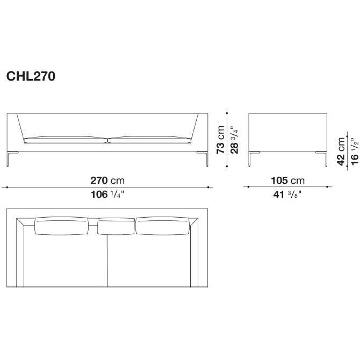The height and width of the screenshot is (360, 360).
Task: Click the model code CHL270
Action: click(31, 76)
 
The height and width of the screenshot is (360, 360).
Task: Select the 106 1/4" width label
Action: click(107, 195)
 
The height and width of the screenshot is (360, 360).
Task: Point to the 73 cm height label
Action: click(220, 139)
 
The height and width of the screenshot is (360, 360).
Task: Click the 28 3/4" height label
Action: click(234, 140)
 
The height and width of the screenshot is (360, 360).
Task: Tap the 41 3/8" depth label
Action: click(287, 195)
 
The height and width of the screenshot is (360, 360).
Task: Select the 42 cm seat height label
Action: click(341, 152)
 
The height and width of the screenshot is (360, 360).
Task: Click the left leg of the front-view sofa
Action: click(8, 159)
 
